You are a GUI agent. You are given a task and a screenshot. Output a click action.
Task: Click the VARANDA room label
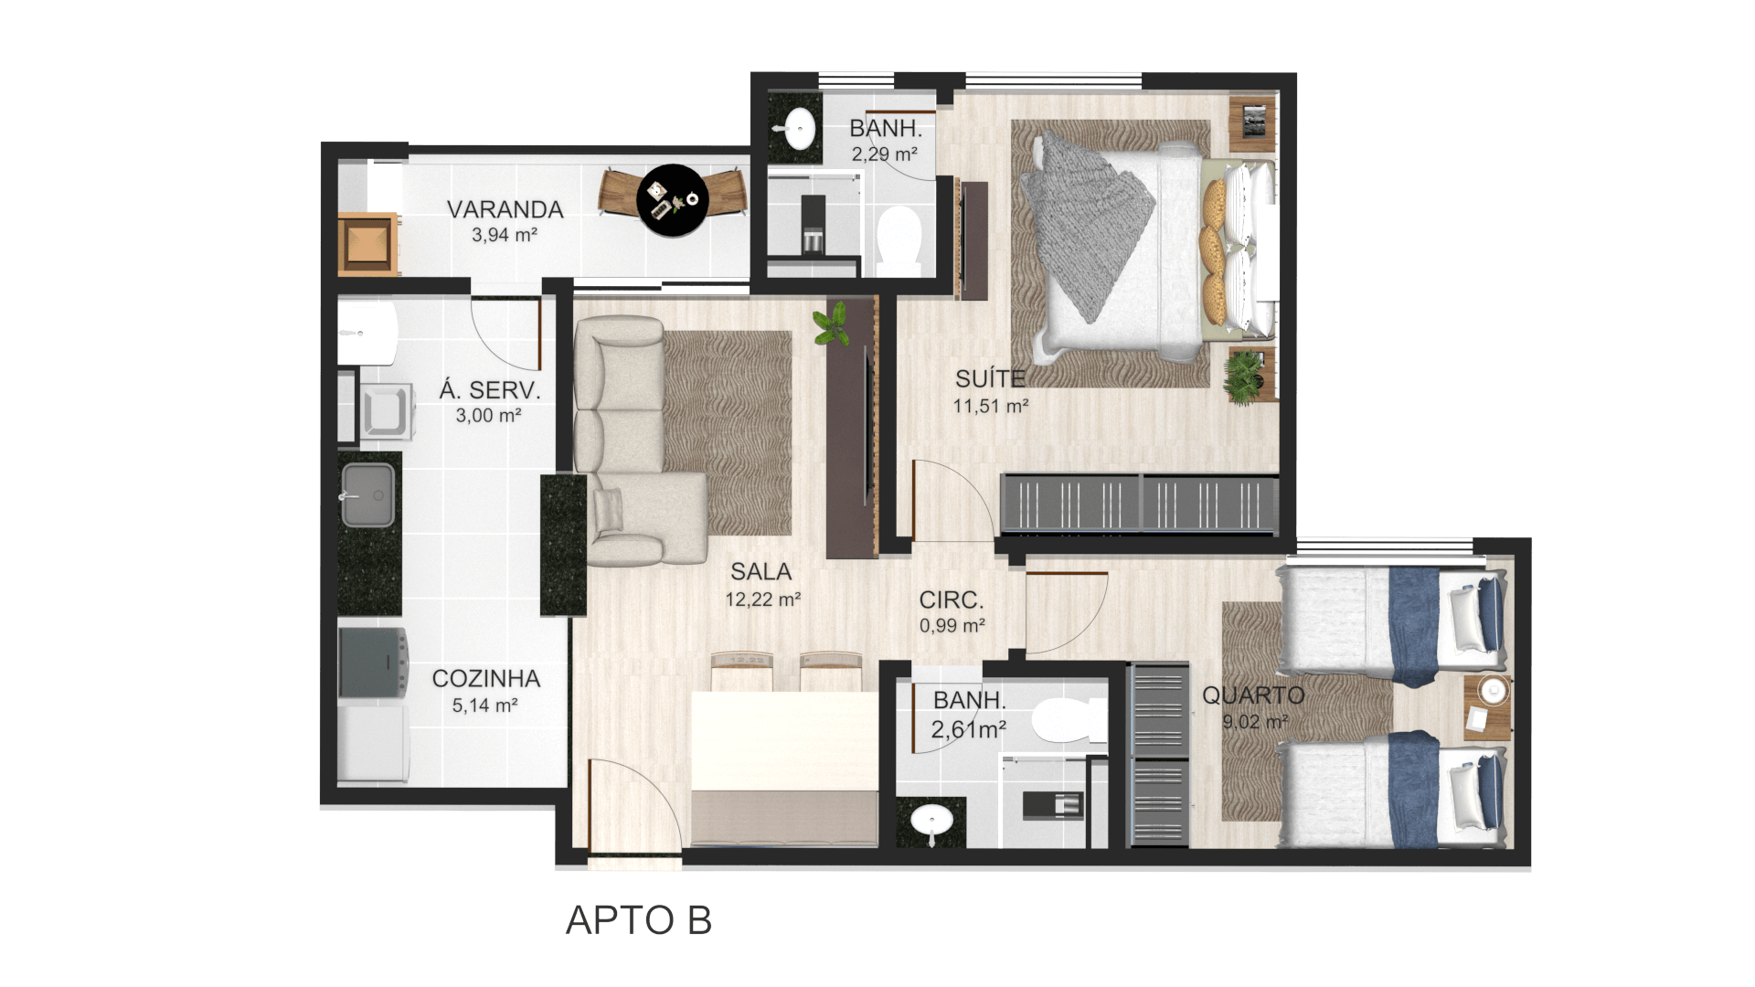(505, 209)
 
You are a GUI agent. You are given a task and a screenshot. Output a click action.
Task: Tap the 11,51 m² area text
(991, 406)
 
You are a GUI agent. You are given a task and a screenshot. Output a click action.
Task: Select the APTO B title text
(638, 920)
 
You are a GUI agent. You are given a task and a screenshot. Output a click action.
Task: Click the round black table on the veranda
(673, 200)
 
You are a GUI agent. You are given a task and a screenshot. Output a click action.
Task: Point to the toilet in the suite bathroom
(899, 239)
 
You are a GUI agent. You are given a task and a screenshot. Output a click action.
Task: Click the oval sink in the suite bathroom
(801, 129)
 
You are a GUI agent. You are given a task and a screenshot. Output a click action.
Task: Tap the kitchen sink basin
(368, 494)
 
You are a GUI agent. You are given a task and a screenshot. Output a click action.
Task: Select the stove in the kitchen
(373, 662)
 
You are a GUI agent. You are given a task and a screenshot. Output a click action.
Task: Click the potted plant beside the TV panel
(832, 326)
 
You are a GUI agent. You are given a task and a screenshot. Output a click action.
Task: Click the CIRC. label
(952, 600)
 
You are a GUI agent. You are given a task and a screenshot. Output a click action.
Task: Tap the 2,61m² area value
(969, 729)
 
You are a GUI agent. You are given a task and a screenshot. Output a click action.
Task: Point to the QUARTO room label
(1253, 695)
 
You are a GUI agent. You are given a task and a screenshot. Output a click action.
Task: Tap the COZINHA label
(486, 679)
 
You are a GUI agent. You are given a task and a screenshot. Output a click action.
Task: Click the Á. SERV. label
(490, 390)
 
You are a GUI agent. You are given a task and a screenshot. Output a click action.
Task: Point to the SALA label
(761, 572)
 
